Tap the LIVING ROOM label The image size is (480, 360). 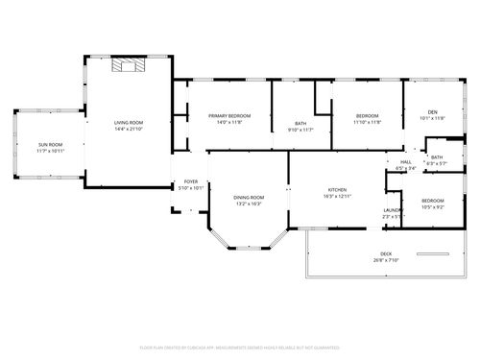pyautogui.click(x=129, y=122)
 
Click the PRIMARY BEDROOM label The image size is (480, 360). pyautogui.click(x=228, y=115)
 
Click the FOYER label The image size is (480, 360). pyautogui.click(x=191, y=180)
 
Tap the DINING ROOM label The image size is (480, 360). pyautogui.click(x=249, y=197)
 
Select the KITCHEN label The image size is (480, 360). pyautogui.click(x=337, y=189)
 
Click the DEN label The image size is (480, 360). pyautogui.click(x=432, y=111)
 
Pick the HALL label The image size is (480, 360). pyautogui.click(x=405, y=161)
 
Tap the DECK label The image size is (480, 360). pyautogui.click(x=385, y=253)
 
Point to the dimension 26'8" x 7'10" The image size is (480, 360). pyautogui.click(x=385, y=260)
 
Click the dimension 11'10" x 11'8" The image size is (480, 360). pyautogui.click(x=367, y=122)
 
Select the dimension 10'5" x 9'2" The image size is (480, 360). pyautogui.click(x=432, y=206)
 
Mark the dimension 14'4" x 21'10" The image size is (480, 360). pyautogui.click(x=129, y=129)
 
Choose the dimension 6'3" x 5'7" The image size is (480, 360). pyautogui.click(x=437, y=163)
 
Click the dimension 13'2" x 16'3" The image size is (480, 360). pyautogui.click(x=249, y=204)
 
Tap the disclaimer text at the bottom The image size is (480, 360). pyautogui.click(x=240, y=347)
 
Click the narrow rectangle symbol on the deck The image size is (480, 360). pyautogui.click(x=434, y=253)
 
